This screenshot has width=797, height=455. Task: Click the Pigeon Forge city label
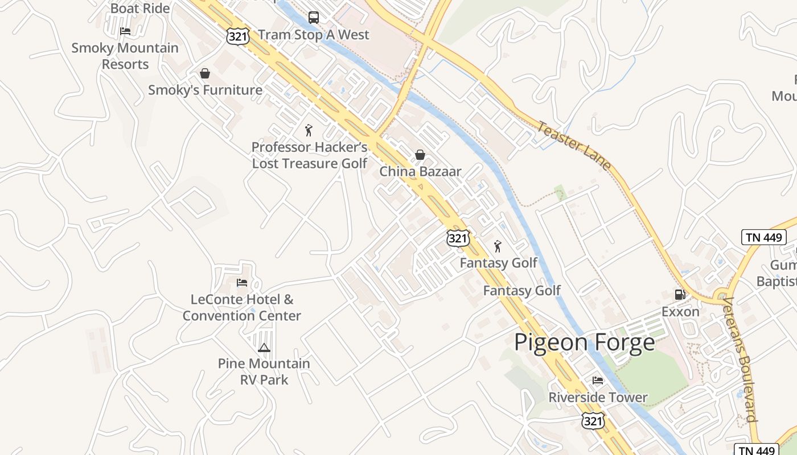coord(585,342)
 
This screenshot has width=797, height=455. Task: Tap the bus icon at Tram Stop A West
coord(314,17)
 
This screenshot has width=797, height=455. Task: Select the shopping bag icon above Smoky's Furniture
coord(205,73)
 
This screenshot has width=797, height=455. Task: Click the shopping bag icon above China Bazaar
coord(420,155)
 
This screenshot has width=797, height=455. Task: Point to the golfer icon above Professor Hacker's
coord(309,130)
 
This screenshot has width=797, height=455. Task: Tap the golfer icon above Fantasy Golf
coord(498,246)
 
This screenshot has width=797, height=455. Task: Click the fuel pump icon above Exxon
coord(680,295)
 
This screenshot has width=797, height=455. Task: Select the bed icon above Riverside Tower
coord(598,380)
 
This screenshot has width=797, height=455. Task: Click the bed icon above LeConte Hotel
coord(242,283)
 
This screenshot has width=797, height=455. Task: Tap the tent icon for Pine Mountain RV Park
coord(264,348)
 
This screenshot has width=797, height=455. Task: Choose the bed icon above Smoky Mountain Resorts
coord(125,31)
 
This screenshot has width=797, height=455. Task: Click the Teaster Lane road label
coord(574,146)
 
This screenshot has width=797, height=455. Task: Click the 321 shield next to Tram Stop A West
coord(237,36)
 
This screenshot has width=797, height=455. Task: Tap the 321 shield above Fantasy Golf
coord(458,238)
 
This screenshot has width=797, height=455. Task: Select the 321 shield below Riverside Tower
coord(593,421)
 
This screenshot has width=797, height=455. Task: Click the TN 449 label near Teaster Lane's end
coord(763,237)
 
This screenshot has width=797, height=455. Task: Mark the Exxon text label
coord(680,312)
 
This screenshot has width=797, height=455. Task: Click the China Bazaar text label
coord(420,172)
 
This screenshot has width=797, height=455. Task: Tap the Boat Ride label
coord(140,8)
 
